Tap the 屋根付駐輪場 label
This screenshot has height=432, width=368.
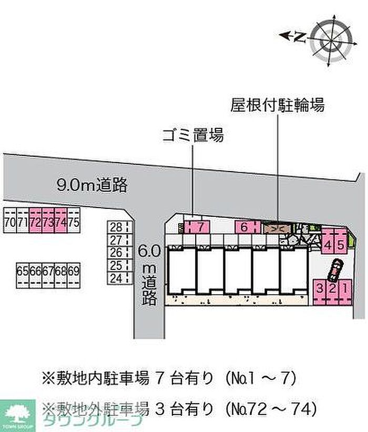click(x=277, y=105)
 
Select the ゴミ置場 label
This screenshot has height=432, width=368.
click(x=192, y=136)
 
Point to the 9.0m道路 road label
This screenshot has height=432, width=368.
click(x=92, y=185)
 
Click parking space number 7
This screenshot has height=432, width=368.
click(x=200, y=227)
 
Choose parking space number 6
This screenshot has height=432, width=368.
click(x=245, y=227)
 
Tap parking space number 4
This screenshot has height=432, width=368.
click(x=328, y=245)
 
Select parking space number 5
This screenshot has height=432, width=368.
click(x=340, y=245)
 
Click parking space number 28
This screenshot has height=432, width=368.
click(x=116, y=227)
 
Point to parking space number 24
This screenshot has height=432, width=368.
click(x=116, y=277)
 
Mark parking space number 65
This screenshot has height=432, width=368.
click(x=22, y=272)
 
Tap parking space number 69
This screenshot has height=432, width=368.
click(x=74, y=272)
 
